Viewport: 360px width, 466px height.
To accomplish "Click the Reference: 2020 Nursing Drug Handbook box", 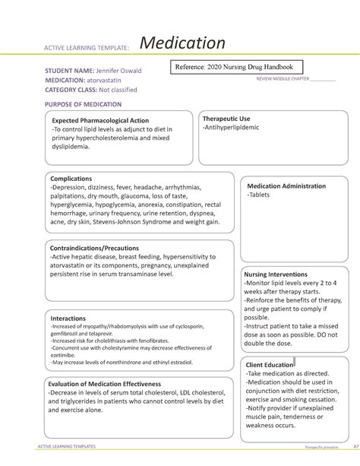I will coord(236,67).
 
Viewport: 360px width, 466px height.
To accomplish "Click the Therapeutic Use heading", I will coord(226,119).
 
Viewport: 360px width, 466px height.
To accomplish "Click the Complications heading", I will coord(71,179).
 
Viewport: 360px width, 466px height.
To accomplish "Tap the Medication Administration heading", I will coord(290,186).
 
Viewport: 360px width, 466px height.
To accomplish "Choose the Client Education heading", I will coord(270,366).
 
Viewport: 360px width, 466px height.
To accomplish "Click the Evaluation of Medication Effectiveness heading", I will coord(105,383).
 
